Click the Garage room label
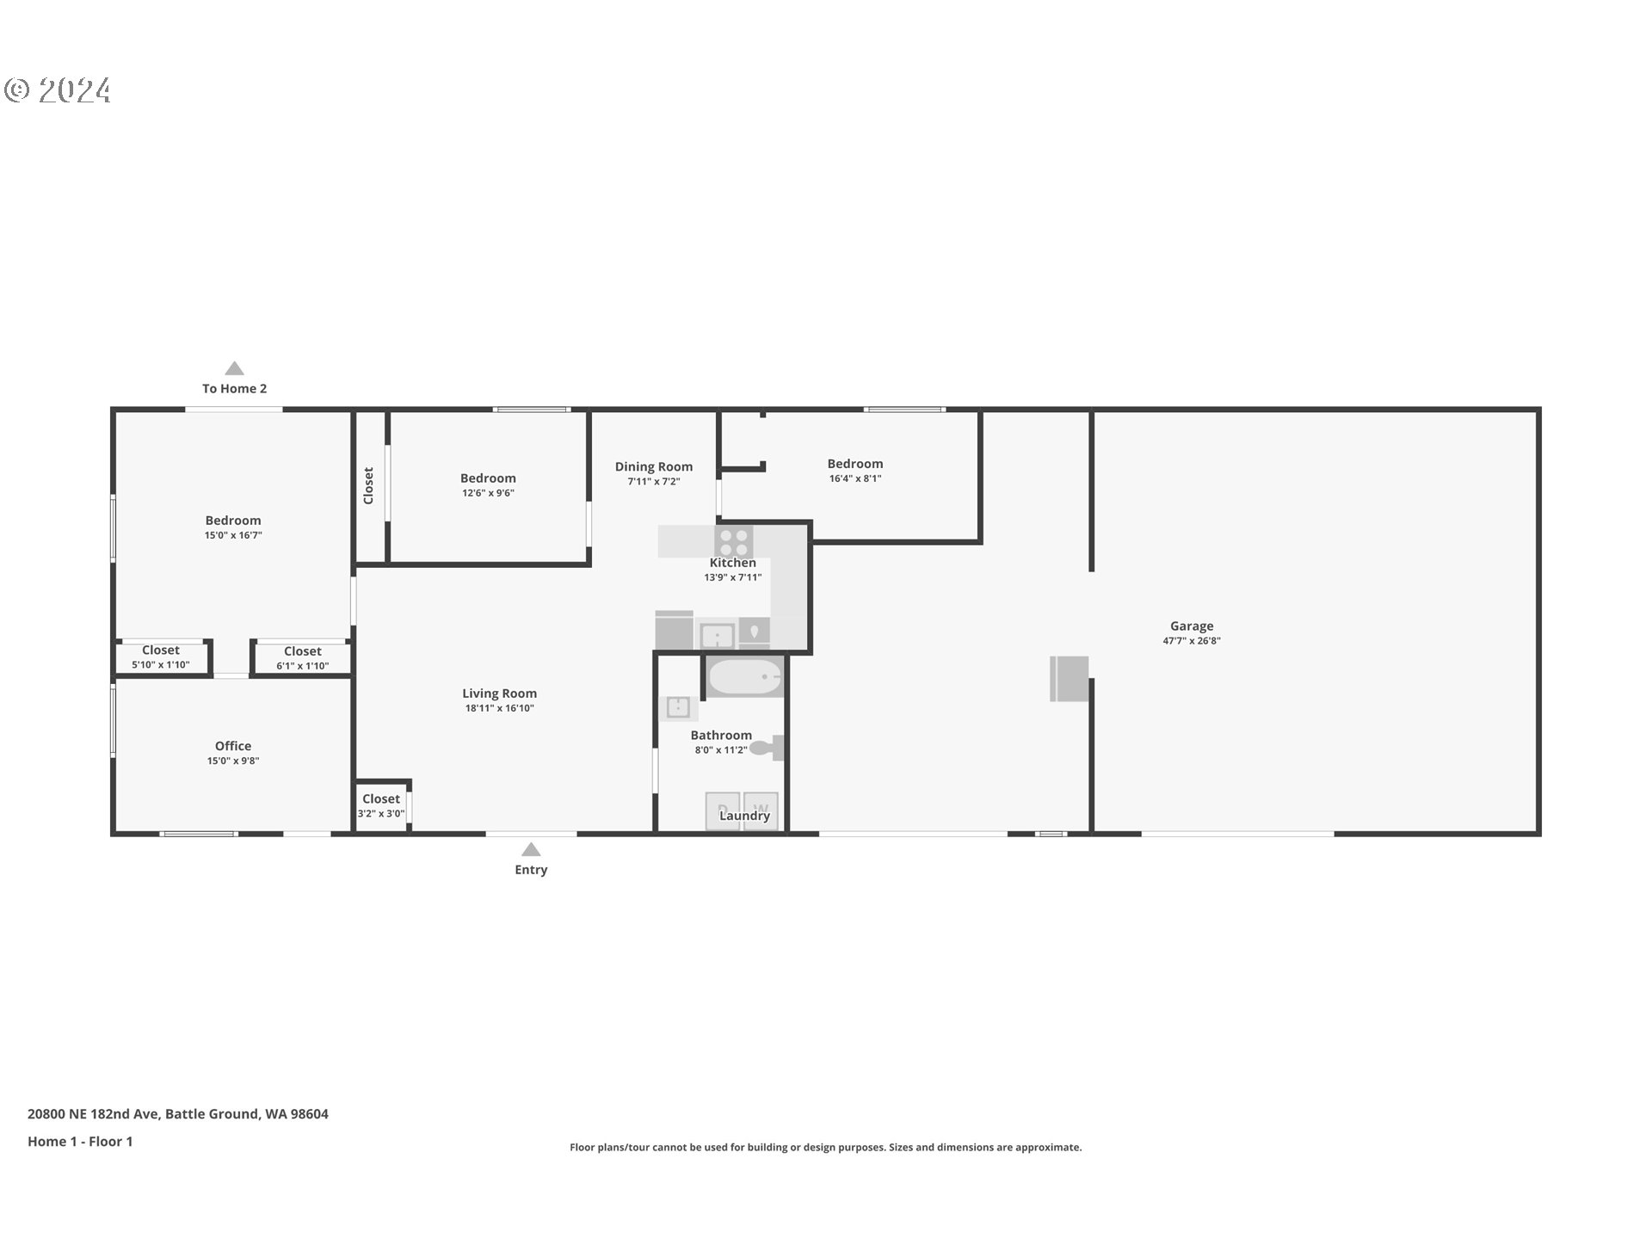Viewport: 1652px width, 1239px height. tap(1192, 626)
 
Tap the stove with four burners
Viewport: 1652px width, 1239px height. tap(733, 542)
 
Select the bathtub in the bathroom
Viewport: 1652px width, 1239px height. tap(745, 677)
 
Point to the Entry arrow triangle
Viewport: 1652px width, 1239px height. tap(531, 849)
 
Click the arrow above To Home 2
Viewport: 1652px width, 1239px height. tap(234, 368)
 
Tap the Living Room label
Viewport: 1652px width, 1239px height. tap(499, 693)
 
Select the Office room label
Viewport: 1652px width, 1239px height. tap(233, 746)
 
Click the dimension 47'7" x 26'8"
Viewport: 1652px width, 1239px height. tap(1192, 640)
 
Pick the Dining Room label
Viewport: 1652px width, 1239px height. tap(654, 466)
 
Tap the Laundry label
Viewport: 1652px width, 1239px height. tap(745, 816)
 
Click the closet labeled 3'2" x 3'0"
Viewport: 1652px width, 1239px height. tap(381, 805)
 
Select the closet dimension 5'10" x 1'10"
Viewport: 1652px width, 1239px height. tap(161, 664)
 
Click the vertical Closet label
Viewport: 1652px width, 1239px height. tap(369, 485)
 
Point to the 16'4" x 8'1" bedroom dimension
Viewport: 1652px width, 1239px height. tap(855, 478)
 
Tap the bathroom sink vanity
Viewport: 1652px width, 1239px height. tap(678, 707)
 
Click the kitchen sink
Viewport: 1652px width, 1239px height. tap(717, 636)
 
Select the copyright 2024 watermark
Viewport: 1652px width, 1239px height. tap(58, 90)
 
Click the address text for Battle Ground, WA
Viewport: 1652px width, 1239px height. tap(178, 1113)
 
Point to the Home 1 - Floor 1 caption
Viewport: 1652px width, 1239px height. tap(80, 1141)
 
